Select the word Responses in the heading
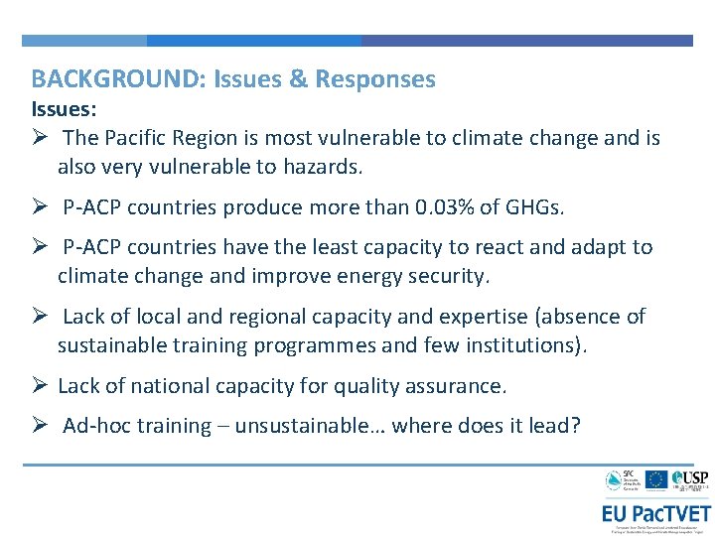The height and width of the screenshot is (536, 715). click(x=375, y=79)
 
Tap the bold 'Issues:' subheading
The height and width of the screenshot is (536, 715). click(x=64, y=108)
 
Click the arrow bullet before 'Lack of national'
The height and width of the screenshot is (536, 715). click(x=40, y=386)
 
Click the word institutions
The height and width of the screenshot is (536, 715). click(x=529, y=346)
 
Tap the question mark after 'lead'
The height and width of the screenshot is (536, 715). click(x=575, y=426)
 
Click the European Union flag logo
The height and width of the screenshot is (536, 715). click(x=655, y=480)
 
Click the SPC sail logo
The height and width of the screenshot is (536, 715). click(x=614, y=481)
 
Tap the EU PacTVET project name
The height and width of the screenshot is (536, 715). click(x=654, y=513)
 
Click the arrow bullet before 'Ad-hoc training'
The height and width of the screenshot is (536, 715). click(x=40, y=426)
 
